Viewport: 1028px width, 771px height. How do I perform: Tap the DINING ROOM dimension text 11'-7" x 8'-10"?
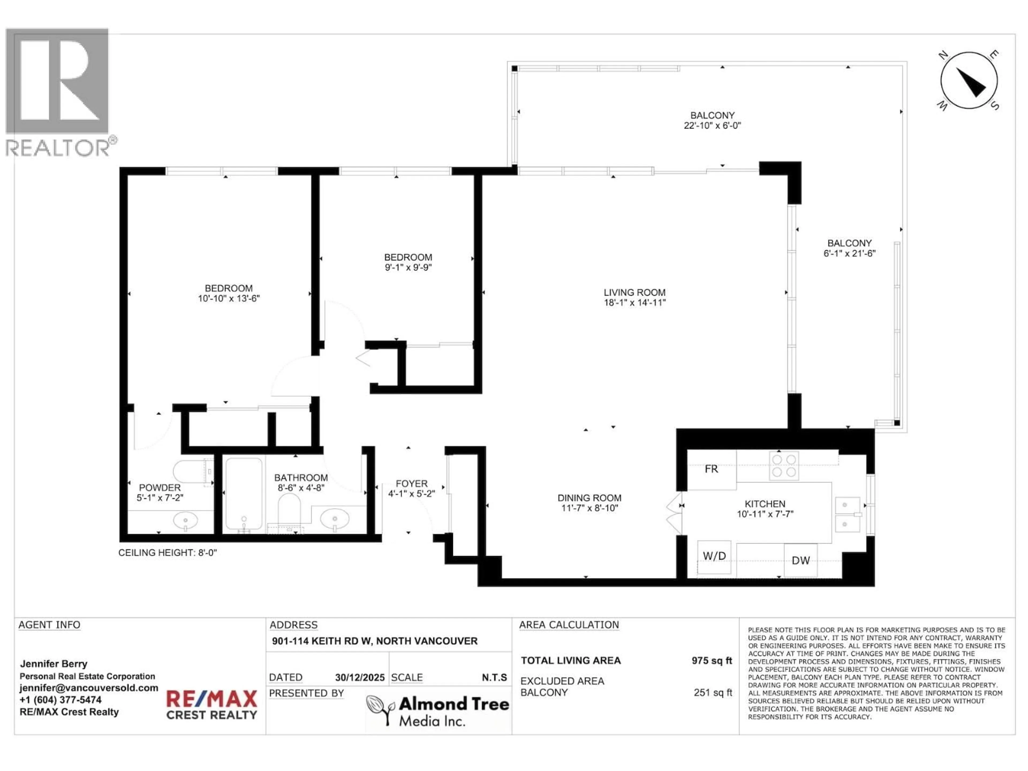(x=589, y=508)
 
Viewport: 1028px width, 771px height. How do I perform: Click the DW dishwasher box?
(x=800, y=561)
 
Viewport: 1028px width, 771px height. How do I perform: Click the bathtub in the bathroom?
(x=244, y=494)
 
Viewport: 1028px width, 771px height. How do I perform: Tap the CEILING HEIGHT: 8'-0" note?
(x=167, y=553)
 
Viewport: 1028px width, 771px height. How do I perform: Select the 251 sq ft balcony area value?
(x=712, y=693)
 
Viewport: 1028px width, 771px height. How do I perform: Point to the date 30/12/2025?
(x=360, y=678)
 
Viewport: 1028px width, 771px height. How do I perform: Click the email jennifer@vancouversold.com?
(x=88, y=688)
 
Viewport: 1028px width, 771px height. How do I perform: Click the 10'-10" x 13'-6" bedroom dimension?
(x=229, y=298)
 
